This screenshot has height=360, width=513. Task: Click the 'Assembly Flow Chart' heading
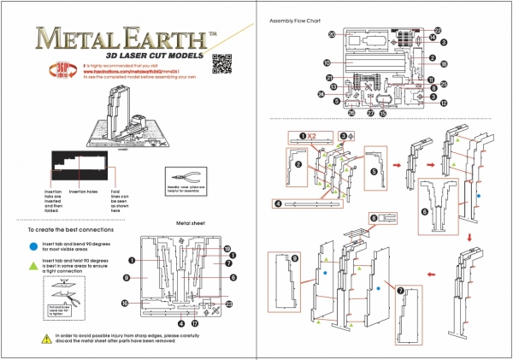(x=295, y=20)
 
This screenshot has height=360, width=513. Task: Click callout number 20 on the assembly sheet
(x=331, y=33)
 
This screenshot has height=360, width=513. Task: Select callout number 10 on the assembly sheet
(x=327, y=62)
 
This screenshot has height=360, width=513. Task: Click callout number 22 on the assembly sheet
(x=437, y=28)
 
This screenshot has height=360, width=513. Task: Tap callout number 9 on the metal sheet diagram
(x=125, y=278)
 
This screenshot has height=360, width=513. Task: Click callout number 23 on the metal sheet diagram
(x=229, y=304)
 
